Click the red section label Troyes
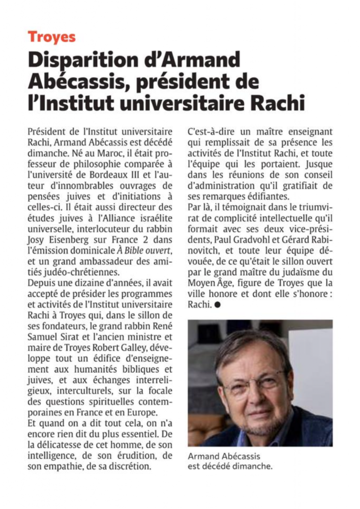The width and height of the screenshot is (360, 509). tap(52, 36)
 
